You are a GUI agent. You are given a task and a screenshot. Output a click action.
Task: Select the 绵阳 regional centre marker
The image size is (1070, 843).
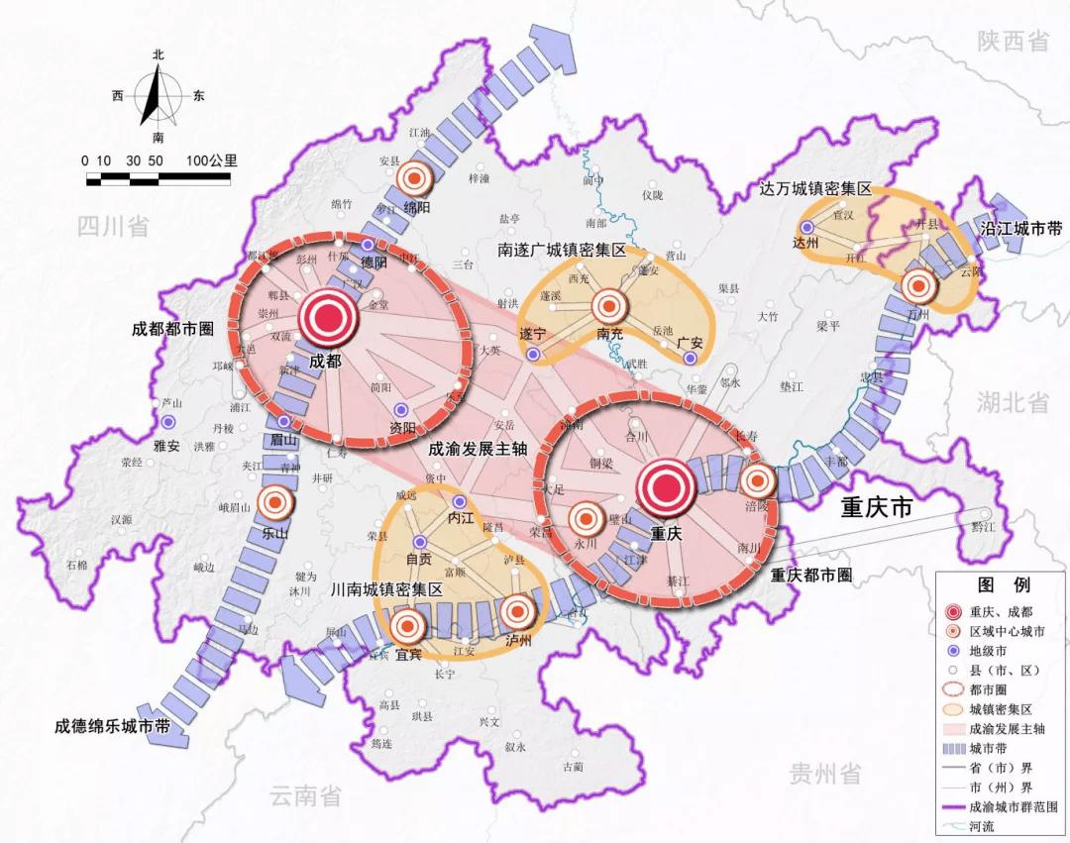tap(414, 178)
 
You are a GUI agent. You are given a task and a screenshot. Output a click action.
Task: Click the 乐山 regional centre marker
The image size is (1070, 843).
tap(274, 503)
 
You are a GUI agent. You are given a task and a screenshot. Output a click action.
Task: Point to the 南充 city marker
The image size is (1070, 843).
tap(610, 305)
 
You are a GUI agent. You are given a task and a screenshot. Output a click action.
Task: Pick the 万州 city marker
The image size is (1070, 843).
tap(918, 286)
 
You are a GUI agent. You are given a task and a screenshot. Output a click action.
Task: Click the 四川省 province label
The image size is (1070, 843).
tap(113, 227)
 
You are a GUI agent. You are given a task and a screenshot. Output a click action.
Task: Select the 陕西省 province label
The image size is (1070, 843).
tap(1013, 41)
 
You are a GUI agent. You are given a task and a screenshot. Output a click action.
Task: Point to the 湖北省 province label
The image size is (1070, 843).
tap(1013, 402)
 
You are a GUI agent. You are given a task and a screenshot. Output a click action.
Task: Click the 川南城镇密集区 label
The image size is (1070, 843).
tap(387, 588)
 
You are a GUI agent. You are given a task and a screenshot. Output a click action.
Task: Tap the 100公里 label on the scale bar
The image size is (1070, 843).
tap(210, 159)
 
